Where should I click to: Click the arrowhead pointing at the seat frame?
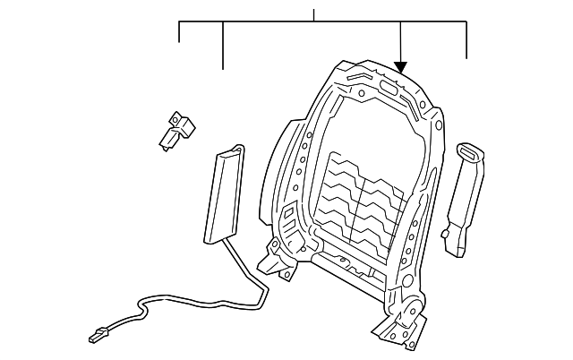[400, 65]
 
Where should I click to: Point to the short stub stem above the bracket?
[313, 15]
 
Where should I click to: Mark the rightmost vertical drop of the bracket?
[467, 39]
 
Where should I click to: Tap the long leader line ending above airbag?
[223, 45]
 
